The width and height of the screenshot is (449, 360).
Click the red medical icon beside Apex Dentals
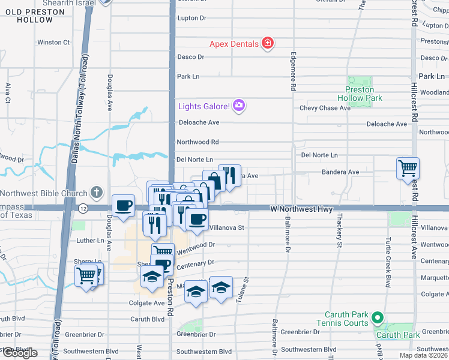coord(268,43)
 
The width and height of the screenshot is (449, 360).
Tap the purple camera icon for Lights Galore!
coord(239,106)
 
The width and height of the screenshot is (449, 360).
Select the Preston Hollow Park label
coord(360,94)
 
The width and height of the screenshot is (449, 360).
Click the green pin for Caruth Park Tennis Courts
coord(377,317)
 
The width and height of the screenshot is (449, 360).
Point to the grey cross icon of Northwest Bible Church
coord(96,193)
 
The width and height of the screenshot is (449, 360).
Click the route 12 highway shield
coord(82,208)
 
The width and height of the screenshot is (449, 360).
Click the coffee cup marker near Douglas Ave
coord(123,205)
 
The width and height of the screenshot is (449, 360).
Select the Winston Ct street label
coord(53,42)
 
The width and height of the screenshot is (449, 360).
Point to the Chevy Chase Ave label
coord(325,108)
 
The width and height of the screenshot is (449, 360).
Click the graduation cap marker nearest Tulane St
coord(221,287)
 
